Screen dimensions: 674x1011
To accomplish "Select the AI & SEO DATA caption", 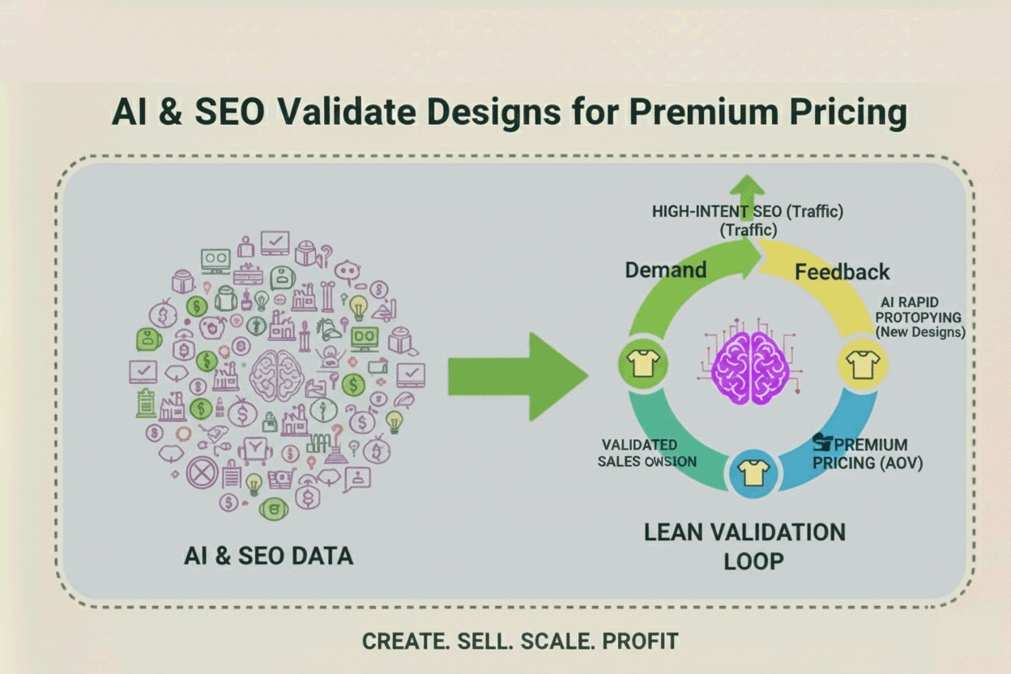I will (268, 556).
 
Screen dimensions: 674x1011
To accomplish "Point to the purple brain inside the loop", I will (749, 364).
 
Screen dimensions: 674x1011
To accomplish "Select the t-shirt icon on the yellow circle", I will (862, 364).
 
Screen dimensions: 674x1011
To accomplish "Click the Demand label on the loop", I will (666, 270).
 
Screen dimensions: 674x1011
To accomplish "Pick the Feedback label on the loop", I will (842, 271).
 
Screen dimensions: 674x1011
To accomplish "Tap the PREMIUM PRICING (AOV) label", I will (868, 454).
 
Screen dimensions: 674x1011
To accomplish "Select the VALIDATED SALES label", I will (647, 453).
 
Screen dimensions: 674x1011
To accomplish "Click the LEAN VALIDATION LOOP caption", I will (744, 546).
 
